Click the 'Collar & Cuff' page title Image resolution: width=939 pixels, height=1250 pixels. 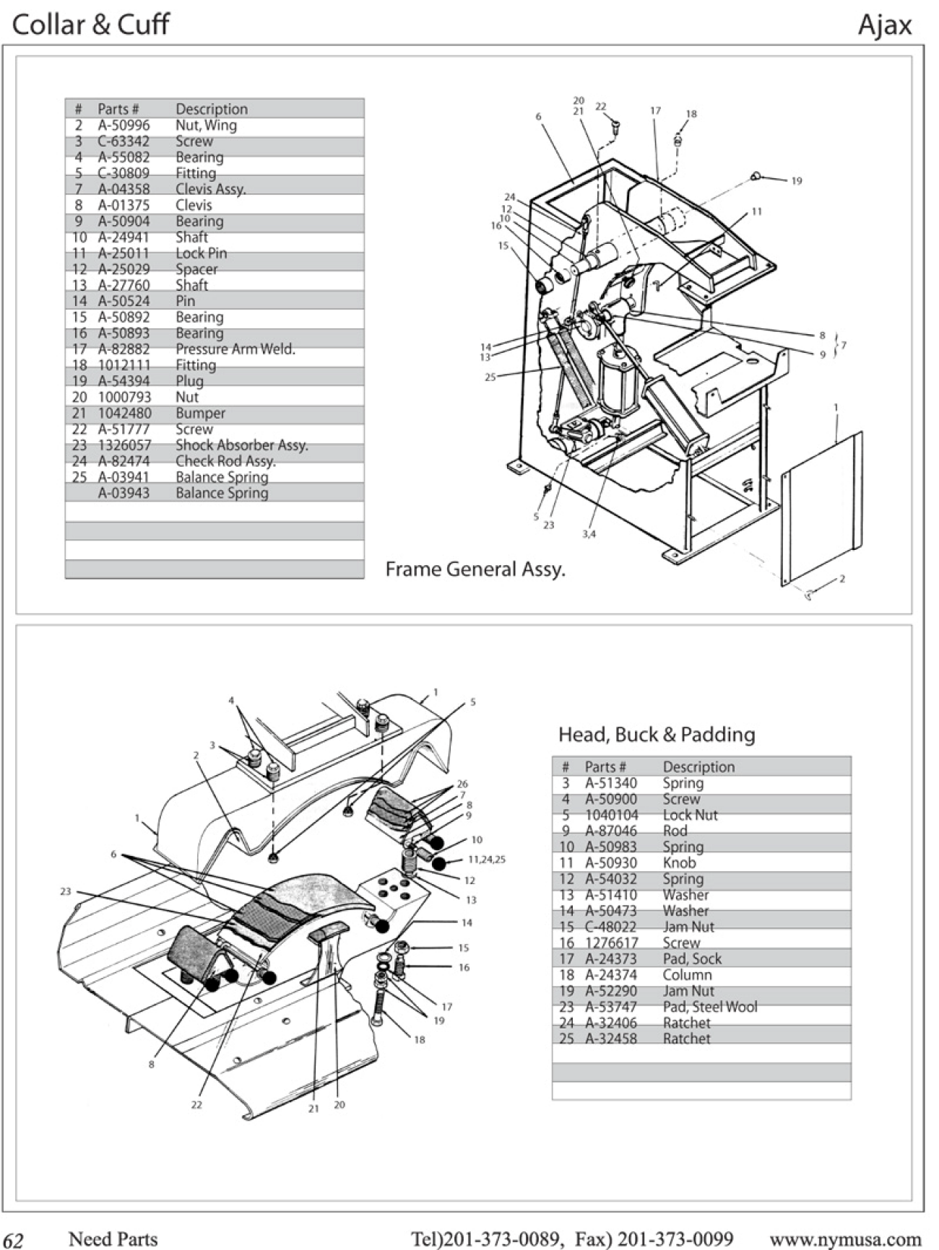(x=90, y=25)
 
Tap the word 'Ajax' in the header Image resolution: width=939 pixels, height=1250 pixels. (x=885, y=25)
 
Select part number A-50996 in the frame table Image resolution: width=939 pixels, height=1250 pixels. (x=124, y=126)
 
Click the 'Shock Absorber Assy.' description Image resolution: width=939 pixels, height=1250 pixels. (x=241, y=445)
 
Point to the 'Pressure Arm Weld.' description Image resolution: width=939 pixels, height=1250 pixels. (x=235, y=349)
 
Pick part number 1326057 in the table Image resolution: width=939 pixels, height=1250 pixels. (x=124, y=445)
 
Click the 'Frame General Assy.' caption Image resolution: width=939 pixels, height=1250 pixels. (x=475, y=569)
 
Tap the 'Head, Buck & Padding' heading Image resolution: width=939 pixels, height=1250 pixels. (x=657, y=735)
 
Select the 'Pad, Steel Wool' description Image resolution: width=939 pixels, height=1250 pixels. (x=710, y=1007)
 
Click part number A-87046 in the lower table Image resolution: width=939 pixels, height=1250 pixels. (x=610, y=831)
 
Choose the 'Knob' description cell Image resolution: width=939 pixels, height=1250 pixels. (x=679, y=863)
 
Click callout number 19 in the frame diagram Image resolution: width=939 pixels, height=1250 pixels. (x=796, y=181)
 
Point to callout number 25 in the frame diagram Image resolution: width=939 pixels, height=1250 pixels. (x=490, y=377)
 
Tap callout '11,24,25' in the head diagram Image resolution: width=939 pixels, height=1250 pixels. (x=486, y=860)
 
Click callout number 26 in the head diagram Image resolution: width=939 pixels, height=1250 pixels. (x=462, y=784)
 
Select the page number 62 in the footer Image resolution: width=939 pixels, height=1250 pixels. (x=14, y=1240)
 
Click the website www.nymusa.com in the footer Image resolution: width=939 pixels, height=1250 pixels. (x=845, y=1239)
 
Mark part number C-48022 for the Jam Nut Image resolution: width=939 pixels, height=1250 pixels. (x=610, y=927)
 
